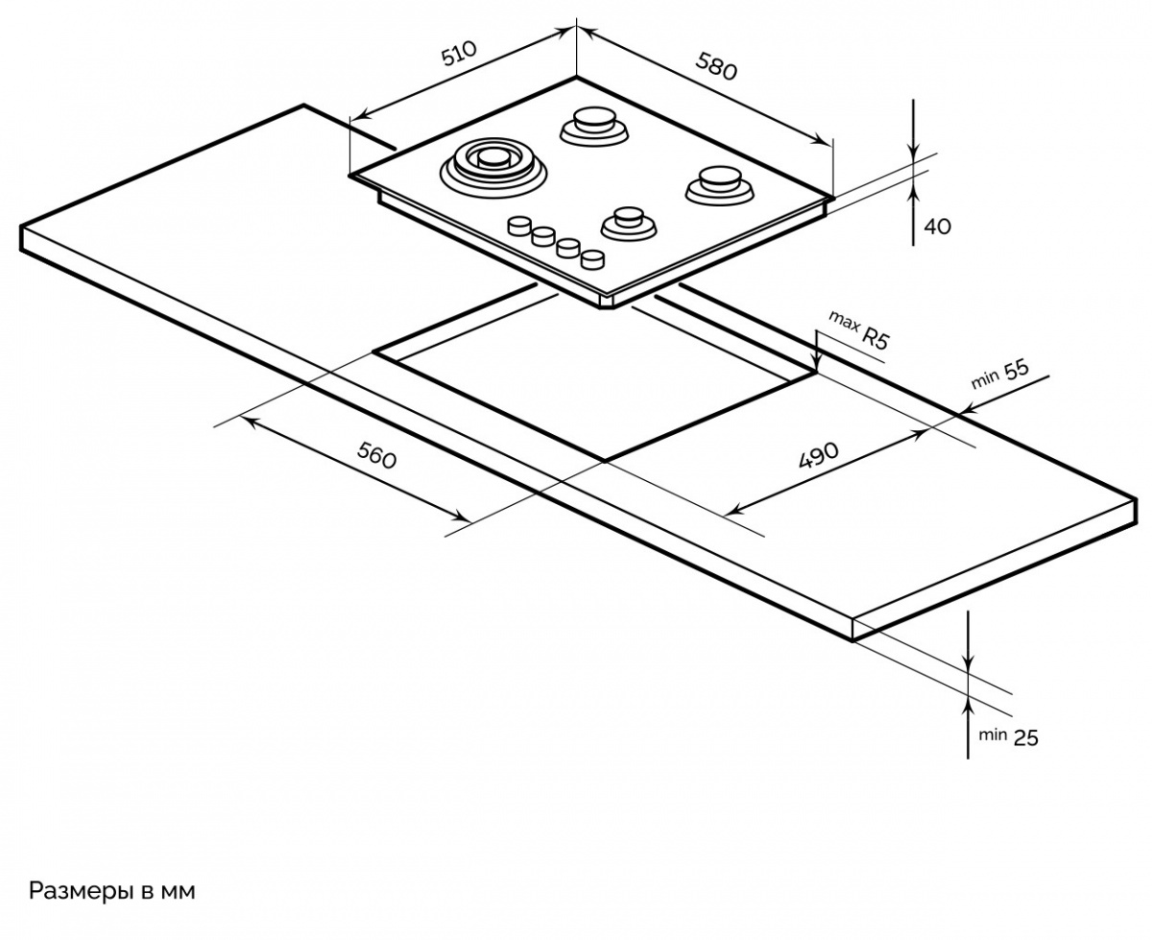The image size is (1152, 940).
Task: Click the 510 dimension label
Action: tap(459, 55)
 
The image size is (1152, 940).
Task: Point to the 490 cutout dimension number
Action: tap(818, 455)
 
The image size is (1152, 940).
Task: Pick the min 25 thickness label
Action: tap(1008, 737)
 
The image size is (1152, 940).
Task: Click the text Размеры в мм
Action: tap(111, 891)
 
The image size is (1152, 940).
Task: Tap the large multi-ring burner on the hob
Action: tap(493, 164)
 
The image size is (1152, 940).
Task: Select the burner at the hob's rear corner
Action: tap(590, 125)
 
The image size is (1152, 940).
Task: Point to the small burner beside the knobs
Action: tap(629, 222)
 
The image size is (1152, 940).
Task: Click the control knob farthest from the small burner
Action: tap(519, 226)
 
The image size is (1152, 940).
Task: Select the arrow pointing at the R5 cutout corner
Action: tap(815, 364)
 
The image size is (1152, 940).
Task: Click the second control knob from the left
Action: tap(544, 235)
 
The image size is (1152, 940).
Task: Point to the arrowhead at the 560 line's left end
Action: tap(248, 421)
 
